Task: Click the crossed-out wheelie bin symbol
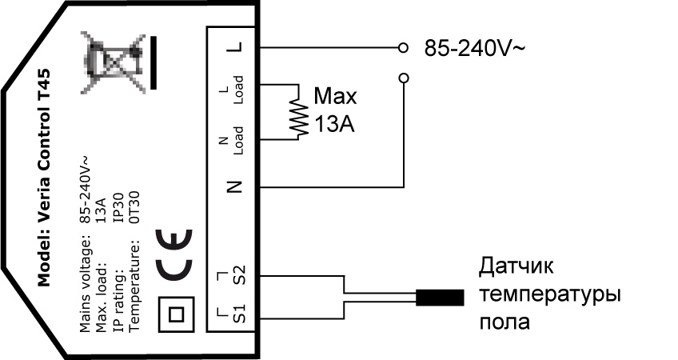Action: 114,62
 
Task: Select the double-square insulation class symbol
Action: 176,314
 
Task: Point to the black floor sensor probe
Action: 440,298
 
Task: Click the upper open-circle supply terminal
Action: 403,47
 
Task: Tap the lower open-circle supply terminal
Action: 404,78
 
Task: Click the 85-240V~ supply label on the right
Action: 474,48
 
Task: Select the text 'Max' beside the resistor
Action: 335,96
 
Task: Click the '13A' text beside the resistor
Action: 334,125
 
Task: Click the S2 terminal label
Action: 239,274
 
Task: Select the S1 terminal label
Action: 239,314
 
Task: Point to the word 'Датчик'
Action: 516,266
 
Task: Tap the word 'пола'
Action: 505,322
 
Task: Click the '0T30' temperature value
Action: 134,207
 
